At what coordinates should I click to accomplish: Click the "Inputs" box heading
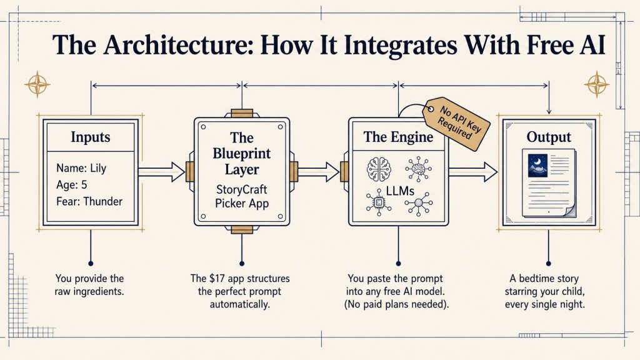[x=90, y=137]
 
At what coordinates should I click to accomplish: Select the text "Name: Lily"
[x=81, y=168]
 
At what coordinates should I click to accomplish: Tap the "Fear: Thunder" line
[x=89, y=201]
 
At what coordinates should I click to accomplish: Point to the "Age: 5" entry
[x=72, y=185]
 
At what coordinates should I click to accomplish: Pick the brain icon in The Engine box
[x=379, y=169]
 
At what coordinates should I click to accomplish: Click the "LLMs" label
[x=400, y=191]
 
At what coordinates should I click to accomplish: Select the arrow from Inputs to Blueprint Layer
[x=162, y=171]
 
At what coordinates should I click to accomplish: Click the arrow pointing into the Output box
[x=473, y=171]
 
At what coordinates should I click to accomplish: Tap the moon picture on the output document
[x=537, y=165]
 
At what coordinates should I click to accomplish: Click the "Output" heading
[x=549, y=137]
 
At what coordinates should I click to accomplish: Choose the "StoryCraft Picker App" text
[x=242, y=196]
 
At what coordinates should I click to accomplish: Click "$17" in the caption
[x=217, y=278]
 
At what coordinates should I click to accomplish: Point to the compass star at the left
[x=37, y=84]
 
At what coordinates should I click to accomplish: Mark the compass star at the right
[x=596, y=84]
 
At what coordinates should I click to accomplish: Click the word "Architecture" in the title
[x=177, y=44]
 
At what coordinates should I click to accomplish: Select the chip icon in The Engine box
[x=379, y=202]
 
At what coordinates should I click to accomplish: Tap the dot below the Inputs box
[x=91, y=264]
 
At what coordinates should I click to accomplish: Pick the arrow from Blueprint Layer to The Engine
[x=318, y=171]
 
